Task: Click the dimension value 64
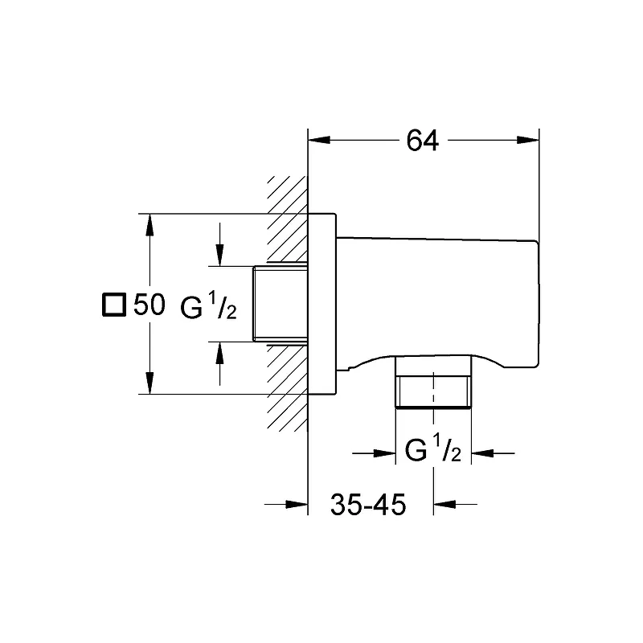tap(423, 140)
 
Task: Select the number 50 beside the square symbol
tap(149, 305)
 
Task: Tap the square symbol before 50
tap(114, 305)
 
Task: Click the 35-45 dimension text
tap(368, 505)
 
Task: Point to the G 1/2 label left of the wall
tap(208, 305)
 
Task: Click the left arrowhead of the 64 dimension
tap(319, 140)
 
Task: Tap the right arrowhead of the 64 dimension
tap(528, 140)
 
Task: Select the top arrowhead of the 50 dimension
tap(150, 225)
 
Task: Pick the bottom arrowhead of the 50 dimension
tap(150, 383)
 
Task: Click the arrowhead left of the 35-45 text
tap(297, 504)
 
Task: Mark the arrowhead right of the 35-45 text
tap(444, 504)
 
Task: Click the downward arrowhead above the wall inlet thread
tap(219, 255)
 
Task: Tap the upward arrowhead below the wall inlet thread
tap(219, 353)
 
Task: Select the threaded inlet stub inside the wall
tap(280, 304)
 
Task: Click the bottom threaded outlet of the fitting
tap(433, 382)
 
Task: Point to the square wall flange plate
tap(322, 304)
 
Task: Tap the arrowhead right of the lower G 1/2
tap(482, 453)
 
